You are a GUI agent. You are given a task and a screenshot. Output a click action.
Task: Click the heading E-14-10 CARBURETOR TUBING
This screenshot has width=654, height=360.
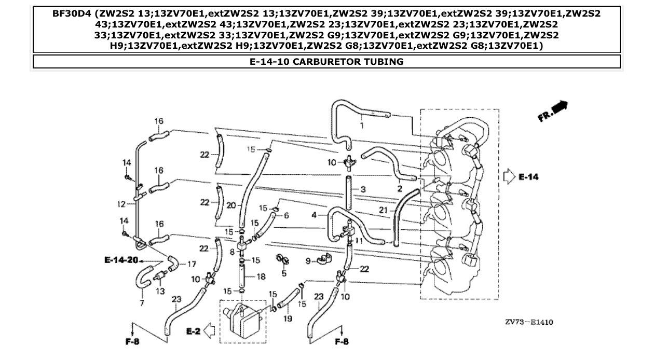tap(326, 62)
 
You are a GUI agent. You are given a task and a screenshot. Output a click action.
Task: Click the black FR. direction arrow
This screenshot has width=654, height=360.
tap(559, 107)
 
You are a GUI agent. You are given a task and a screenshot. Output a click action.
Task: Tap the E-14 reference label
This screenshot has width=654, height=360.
tap(528, 177)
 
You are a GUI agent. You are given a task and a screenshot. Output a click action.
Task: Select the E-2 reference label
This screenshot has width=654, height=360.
tap(193, 330)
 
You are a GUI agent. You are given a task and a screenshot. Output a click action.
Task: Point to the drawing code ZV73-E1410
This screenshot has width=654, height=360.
tap(529, 322)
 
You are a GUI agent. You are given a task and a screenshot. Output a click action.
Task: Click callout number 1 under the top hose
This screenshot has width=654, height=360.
tap(362, 125)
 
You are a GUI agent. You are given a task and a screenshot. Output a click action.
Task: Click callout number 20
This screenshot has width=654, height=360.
tap(232, 205)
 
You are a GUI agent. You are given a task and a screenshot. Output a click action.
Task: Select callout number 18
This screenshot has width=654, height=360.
tap(261, 277)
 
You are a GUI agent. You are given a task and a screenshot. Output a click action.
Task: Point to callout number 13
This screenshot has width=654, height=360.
tap(160, 291)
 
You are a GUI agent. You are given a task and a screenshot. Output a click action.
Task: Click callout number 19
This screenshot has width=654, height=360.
tap(288, 319)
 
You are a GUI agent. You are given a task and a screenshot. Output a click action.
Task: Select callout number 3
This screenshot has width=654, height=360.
tap(363, 190)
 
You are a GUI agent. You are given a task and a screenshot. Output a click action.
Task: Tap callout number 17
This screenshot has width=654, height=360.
tap(192, 264)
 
